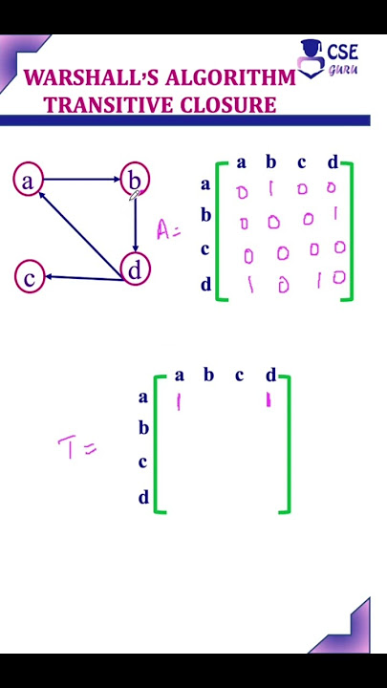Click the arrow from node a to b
(x=81, y=179)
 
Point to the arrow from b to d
(x=135, y=224)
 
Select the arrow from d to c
(x=83, y=277)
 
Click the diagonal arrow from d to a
(x=80, y=235)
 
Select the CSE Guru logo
(x=328, y=58)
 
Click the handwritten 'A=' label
(x=168, y=229)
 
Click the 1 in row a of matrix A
(x=270, y=188)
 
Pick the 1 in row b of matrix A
(x=335, y=214)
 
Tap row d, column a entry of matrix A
(x=249, y=285)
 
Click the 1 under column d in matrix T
(x=269, y=401)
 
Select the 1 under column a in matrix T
(x=178, y=402)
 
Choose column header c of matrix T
(x=239, y=376)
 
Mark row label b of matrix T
(x=143, y=427)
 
